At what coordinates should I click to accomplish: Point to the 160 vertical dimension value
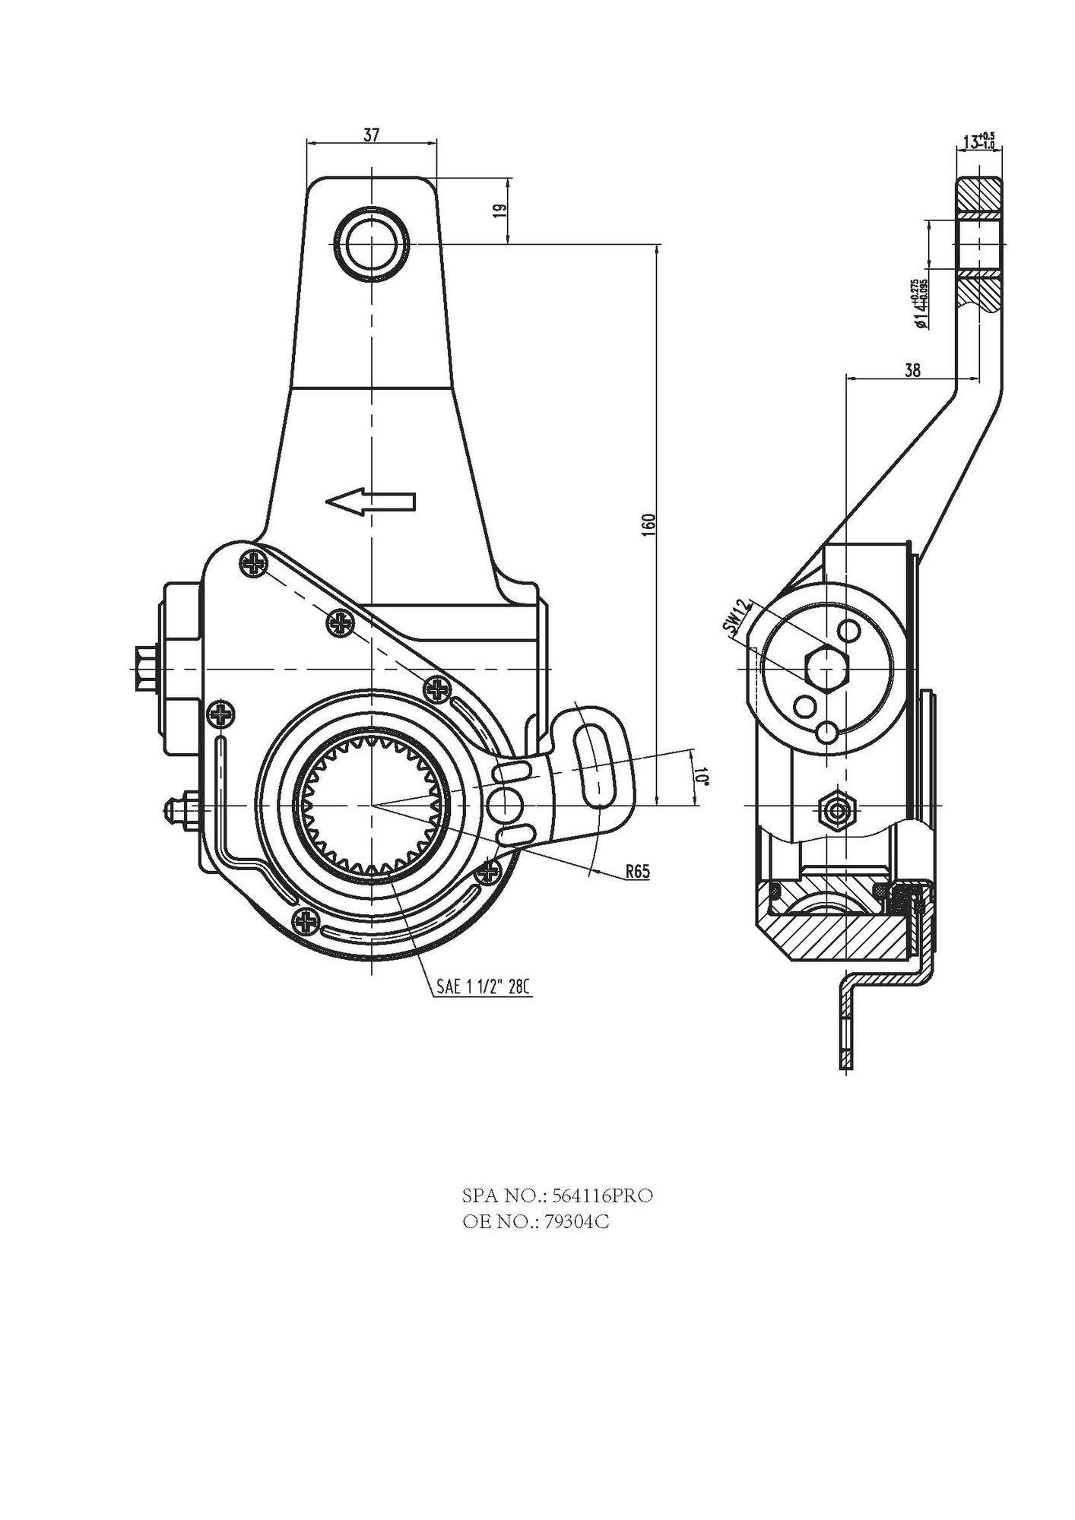coord(648,524)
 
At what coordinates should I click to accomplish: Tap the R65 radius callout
coord(638,872)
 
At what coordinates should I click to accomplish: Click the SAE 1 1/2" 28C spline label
coord(482,987)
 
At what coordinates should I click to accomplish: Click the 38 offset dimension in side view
coord(913,370)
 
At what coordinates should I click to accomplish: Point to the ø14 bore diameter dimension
coord(921,303)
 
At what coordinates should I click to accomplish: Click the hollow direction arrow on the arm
coord(370,502)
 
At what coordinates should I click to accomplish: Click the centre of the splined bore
coord(372,805)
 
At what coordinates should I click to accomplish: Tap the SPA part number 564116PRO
coord(557,1195)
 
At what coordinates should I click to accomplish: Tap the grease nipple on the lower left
coord(179,807)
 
